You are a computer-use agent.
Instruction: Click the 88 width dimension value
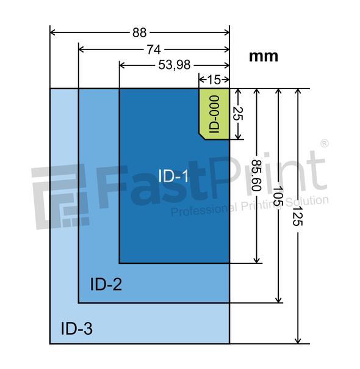pos(140,32)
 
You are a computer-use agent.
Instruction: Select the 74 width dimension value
pos(153,49)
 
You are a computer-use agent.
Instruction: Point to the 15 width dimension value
pos(214,79)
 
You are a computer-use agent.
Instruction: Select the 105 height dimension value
pos(279,195)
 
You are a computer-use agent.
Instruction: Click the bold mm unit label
pos(264,56)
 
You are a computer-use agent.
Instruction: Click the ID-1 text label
pos(174,177)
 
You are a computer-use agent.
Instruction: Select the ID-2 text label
pos(106,283)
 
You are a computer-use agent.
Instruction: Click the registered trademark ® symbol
pos(324,144)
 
